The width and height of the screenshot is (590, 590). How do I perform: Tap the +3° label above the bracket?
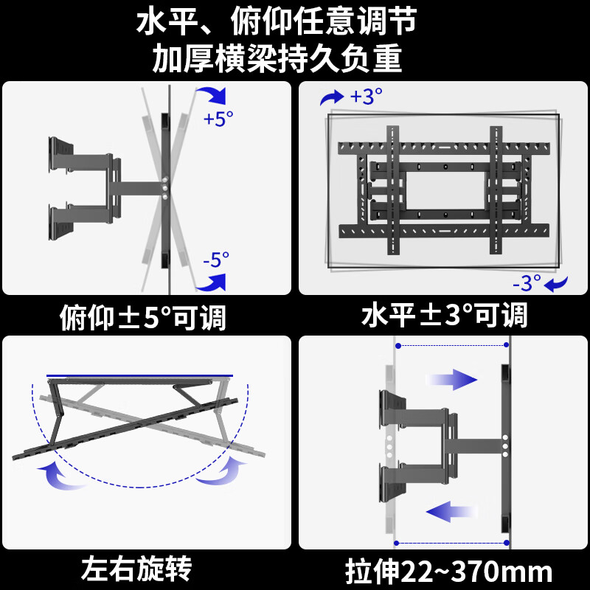(x=367, y=96)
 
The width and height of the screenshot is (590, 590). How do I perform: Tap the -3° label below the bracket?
(x=527, y=282)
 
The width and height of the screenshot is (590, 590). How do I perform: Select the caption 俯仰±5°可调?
(x=142, y=318)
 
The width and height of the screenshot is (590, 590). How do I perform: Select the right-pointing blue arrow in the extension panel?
(x=451, y=380)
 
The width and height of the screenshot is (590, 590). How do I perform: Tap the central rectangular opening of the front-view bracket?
(x=445, y=189)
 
